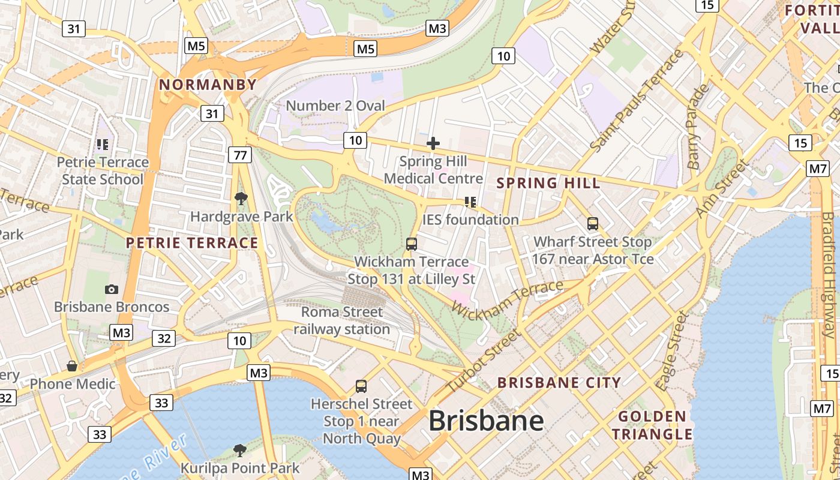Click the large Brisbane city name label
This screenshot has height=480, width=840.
tap(486, 421)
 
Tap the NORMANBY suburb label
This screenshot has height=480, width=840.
tap(208, 85)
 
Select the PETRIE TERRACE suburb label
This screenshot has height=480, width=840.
tap(192, 243)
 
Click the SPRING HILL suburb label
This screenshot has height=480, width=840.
tap(548, 183)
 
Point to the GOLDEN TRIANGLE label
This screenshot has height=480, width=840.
tap(652, 425)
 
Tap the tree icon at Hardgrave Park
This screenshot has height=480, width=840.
tap(241, 198)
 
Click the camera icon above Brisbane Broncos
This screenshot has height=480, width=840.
tap(112, 289)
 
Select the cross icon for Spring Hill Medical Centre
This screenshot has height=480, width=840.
tap(433, 143)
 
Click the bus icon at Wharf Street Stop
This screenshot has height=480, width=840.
tap(593, 224)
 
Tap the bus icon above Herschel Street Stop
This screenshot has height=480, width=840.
tap(361, 386)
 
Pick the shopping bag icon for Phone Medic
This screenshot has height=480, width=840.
tap(72, 366)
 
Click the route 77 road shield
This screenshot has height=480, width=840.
tap(239, 155)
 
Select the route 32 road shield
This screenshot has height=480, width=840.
tap(164, 338)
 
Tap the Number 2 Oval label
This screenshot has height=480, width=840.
tap(335, 106)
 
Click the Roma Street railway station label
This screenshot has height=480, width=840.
tap(341, 320)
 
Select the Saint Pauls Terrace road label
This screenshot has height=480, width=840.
tap(637, 101)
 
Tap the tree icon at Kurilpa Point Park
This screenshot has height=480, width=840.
tap(240, 450)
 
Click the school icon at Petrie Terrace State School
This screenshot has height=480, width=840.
tap(103, 145)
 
